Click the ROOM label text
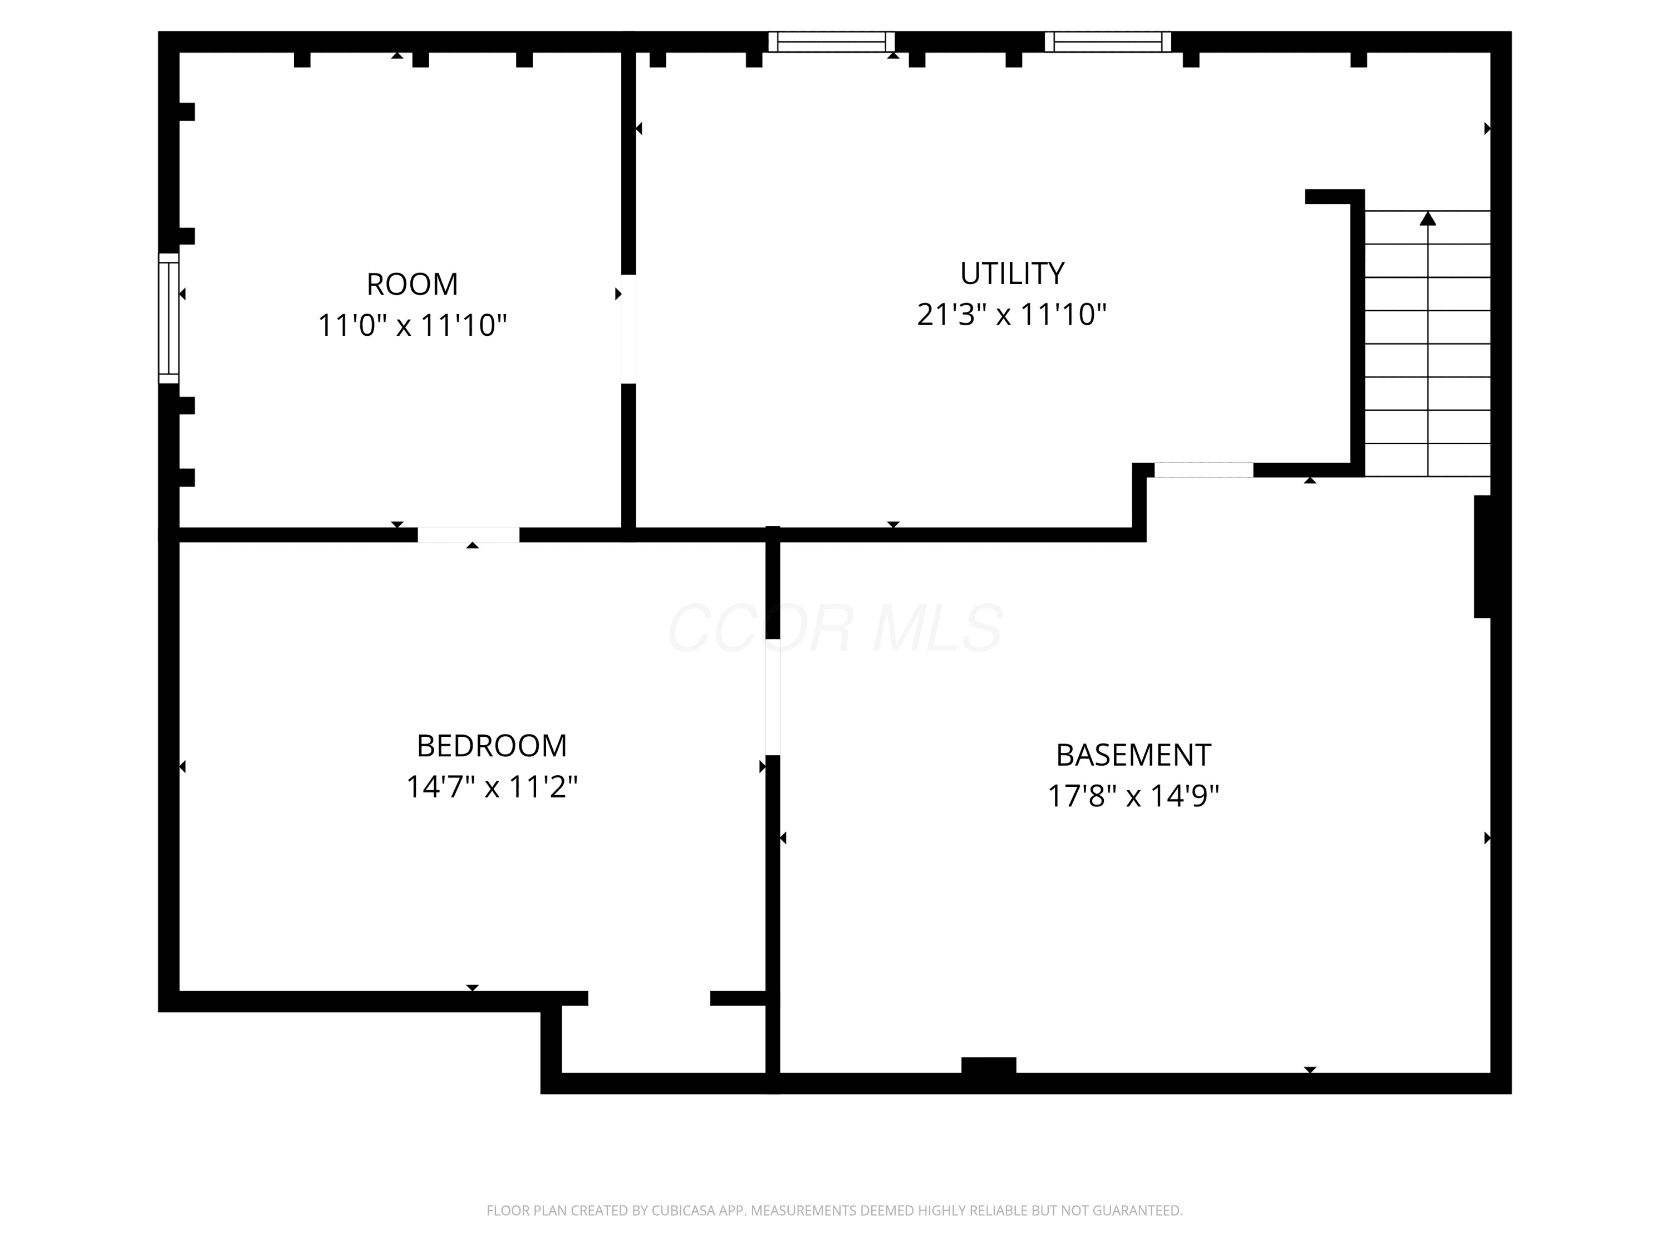412,285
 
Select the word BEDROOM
492,746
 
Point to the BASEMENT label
1133,755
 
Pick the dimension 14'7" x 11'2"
492,787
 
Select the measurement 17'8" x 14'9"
1133,796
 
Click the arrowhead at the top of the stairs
1428,218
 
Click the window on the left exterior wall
168,318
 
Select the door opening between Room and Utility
628,329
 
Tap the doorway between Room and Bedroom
469,535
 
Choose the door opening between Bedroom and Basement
772,697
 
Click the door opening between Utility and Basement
1204,470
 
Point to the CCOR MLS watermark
835,628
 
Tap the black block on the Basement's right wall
1483,557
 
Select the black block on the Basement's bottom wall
988,1065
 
